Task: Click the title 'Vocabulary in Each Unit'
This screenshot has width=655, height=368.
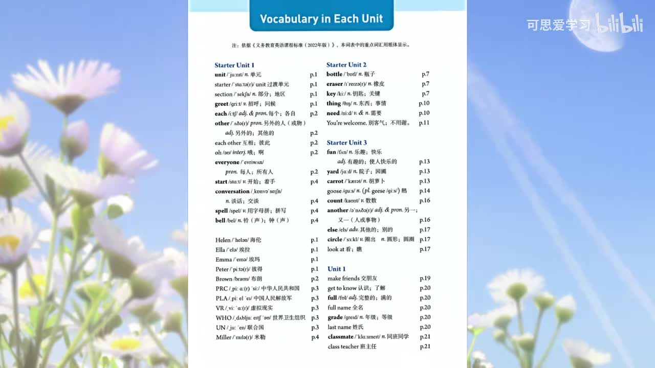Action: click(321, 19)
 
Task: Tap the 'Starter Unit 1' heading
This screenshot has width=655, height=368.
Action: click(234, 65)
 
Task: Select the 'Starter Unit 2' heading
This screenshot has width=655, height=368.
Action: click(346, 64)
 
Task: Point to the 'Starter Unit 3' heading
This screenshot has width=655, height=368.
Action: click(346, 143)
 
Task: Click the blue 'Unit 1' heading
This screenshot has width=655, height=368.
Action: click(337, 269)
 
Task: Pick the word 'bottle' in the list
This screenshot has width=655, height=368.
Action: click(334, 74)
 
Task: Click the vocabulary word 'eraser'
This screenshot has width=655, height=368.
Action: click(335, 84)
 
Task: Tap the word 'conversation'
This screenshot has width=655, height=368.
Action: click(232, 191)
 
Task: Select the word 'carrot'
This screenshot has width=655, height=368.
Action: click(335, 181)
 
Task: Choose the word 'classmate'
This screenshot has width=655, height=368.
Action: click(340, 336)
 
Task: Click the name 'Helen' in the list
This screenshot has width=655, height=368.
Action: click(223, 240)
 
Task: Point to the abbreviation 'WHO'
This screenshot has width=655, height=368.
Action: click(224, 317)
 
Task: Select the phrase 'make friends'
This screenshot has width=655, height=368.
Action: click(343, 279)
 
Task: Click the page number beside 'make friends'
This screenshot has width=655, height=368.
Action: click(425, 279)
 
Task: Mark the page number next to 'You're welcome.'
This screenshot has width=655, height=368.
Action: click(424, 123)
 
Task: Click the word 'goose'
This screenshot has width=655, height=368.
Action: click(334, 191)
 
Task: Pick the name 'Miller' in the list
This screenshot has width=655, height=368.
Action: click(224, 337)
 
